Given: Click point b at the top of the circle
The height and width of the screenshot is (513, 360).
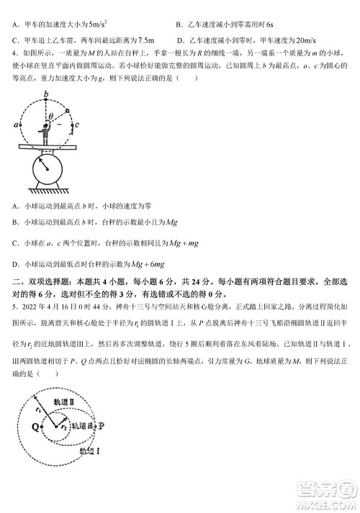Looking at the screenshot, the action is pyautogui.click(x=45, y=94).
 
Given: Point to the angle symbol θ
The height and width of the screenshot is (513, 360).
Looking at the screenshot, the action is pyautogui.click(x=51, y=114).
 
